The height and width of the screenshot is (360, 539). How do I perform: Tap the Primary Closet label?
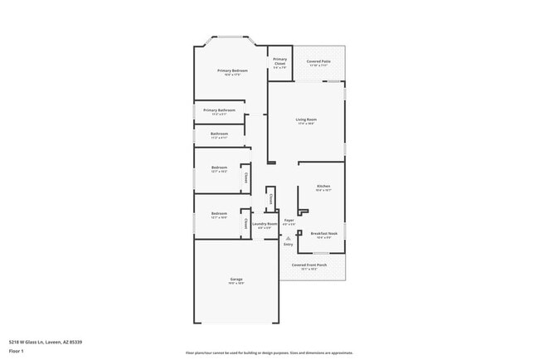(x=280, y=61)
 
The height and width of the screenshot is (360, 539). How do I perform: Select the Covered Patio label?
(x=319, y=61)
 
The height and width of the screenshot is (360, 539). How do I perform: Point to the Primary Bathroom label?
(x=219, y=110)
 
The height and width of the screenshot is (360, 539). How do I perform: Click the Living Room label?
(x=306, y=119)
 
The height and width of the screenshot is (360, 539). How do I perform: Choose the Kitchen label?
(x=324, y=186)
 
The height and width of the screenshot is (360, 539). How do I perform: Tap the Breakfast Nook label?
(x=323, y=234)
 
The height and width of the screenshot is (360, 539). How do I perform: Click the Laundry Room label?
(x=265, y=224)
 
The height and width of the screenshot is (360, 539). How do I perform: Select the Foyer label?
(x=289, y=220)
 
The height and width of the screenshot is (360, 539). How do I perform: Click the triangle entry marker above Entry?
(x=289, y=238)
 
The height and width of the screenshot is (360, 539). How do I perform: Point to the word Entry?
(x=289, y=245)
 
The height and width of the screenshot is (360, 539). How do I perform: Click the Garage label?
(x=236, y=279)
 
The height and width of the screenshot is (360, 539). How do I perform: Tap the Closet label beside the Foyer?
(x=271, y=199)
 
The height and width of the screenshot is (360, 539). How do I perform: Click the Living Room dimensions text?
(x=306, y=124)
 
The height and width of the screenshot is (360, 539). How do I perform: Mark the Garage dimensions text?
(x=236, y=284)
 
